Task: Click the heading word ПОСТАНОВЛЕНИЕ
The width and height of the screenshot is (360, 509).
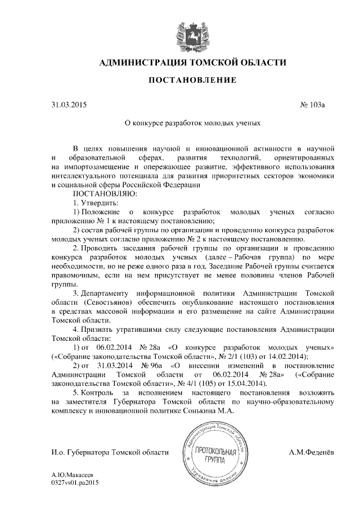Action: coord(192,81)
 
